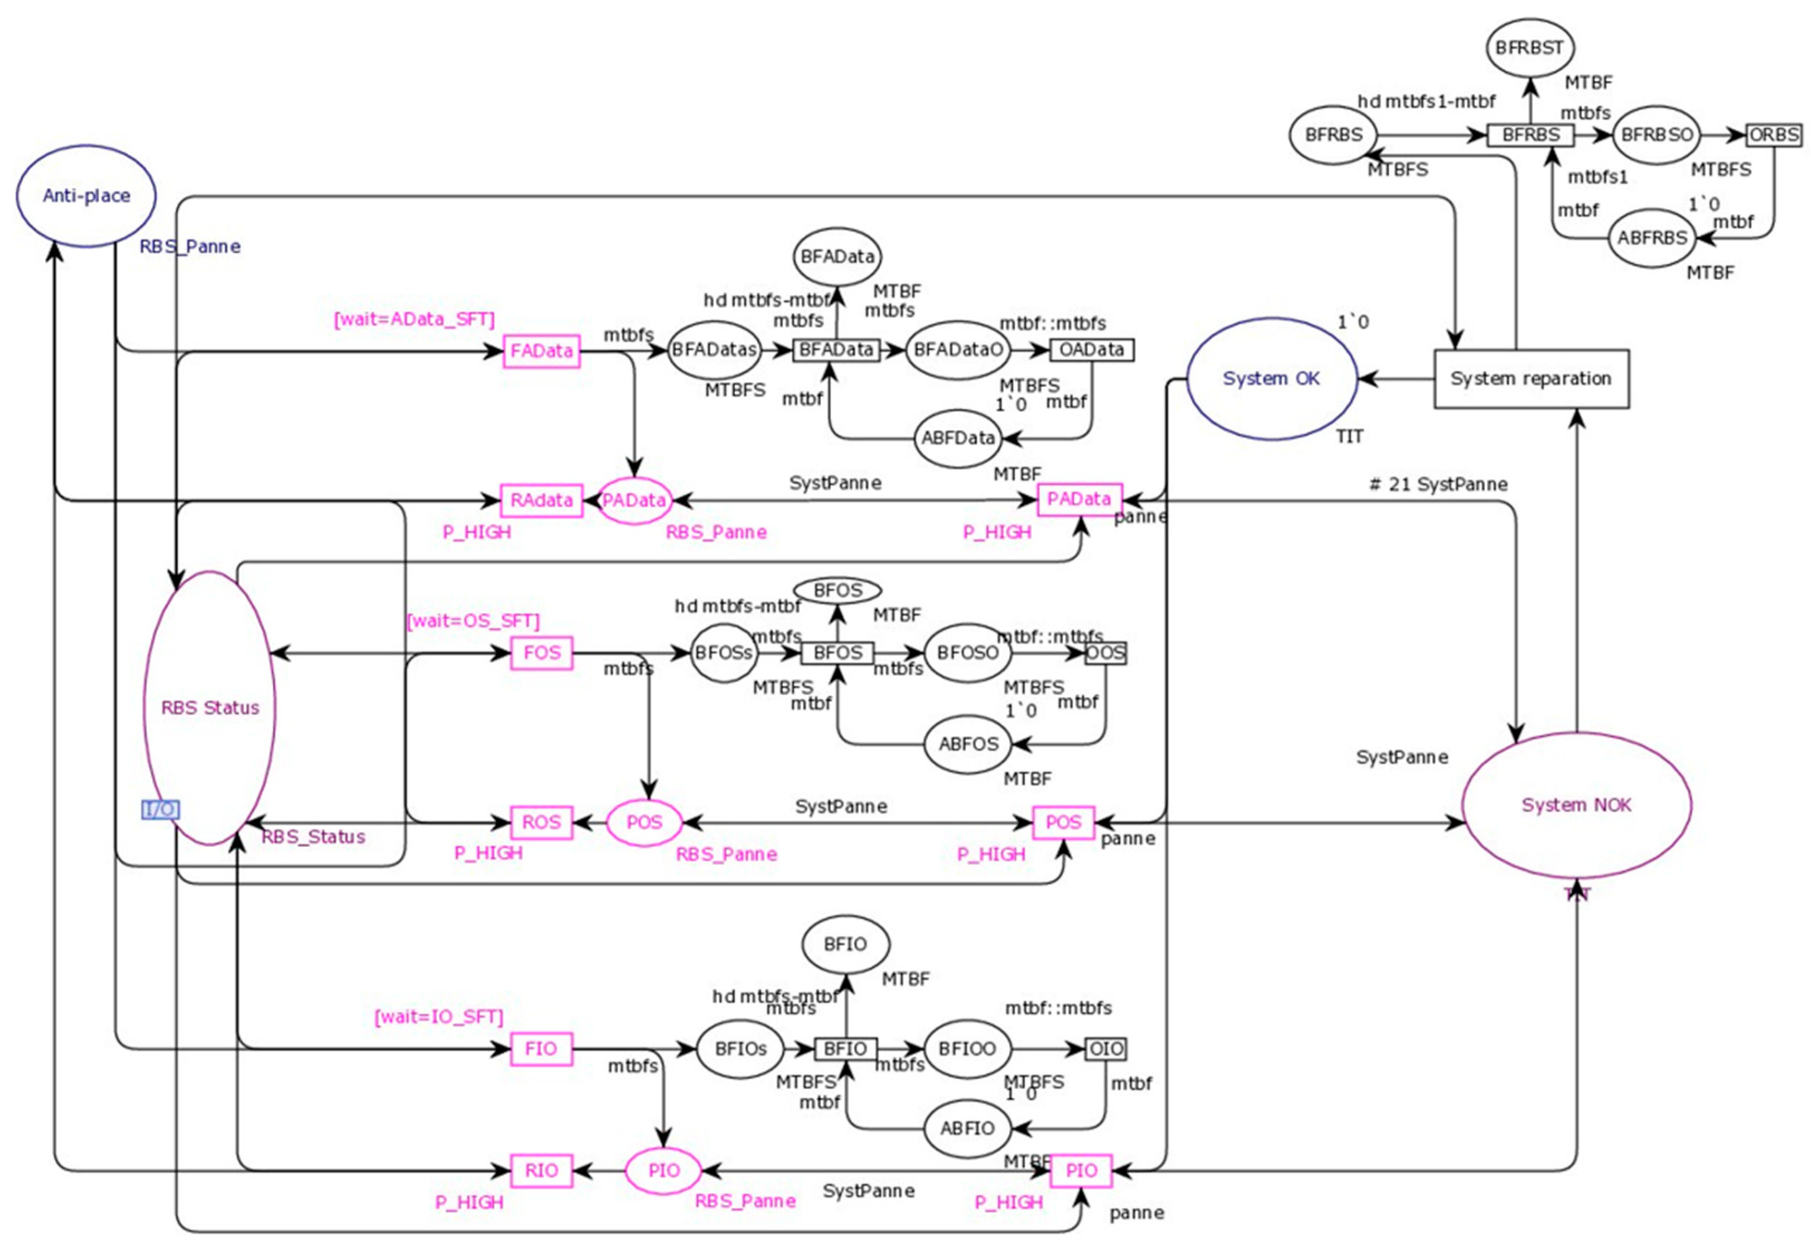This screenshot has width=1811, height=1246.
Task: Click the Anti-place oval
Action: click(86, 195)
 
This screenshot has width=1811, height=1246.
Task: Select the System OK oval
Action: click(1271, 379)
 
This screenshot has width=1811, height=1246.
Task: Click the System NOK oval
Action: click(1576, 805)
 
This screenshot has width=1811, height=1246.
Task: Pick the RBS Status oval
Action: click(209, 708)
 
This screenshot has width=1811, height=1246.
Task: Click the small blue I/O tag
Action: click(160, 810)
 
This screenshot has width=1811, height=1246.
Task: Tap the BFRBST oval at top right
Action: click(1529, 47)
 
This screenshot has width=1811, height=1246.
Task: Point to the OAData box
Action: click(1091, 350)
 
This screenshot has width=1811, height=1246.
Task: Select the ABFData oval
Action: click(958, 438)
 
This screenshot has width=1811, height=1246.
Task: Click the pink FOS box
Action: click(542, 653)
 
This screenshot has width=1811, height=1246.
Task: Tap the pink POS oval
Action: click(644, 822)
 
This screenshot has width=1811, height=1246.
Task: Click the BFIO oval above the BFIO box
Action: click(845, 945)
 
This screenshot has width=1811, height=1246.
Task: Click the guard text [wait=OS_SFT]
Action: click(473, 620)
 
